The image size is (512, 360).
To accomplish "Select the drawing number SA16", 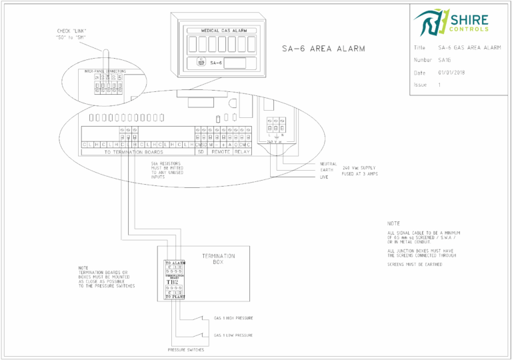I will [445, 60].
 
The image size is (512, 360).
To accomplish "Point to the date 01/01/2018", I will [451, 73].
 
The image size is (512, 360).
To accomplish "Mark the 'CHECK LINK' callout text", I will [72, 33].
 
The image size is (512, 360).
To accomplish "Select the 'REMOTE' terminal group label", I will [220, 152].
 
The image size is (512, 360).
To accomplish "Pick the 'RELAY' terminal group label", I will [241, 152].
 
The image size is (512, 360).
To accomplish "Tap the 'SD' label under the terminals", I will [200, 152].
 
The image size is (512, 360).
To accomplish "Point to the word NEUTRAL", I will [328, 163].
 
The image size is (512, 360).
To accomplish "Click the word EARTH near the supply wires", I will [326, 170].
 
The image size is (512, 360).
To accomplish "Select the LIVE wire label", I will [325, 177].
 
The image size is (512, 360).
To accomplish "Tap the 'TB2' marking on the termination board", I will [175, 282].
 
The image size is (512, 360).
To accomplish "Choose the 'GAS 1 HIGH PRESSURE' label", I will [233, 318].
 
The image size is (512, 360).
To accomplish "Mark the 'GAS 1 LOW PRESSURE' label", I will [233, 335].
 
